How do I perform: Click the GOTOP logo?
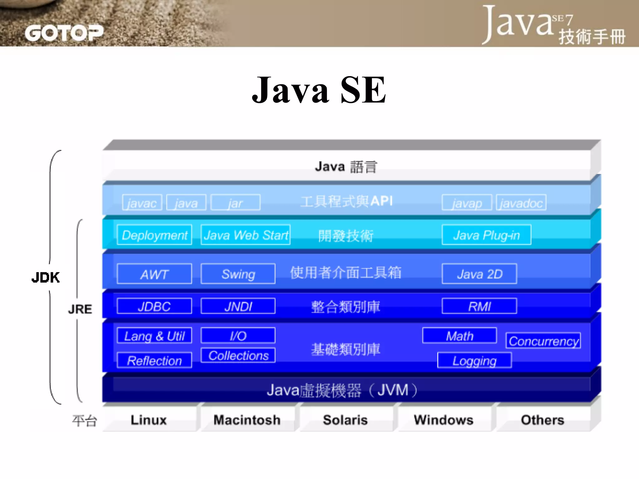tap(64, 33)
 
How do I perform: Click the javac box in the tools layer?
tap(142, 203)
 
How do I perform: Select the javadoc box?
tap(521, 203)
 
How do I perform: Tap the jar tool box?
tap(235, 203)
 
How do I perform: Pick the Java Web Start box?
tap(246, 235)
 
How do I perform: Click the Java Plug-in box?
tap(486, 235)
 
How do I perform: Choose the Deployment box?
tap(154, 235)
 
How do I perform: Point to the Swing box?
tap(238, 274)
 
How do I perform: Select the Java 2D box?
tap(479, 274)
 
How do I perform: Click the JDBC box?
tap(154, 306)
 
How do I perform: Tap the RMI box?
tap(479, 306)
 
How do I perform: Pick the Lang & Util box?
tap(154, 336)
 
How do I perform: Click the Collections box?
tap(238, 355)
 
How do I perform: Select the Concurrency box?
tap(543, 341)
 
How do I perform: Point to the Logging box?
tap(474, 360)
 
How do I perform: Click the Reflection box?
tap(154, 360)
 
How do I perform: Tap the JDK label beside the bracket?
tap(46, 277)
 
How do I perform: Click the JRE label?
tap(80, 309)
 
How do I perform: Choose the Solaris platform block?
tap(345, 420)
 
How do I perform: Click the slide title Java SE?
tap(319, 90)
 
